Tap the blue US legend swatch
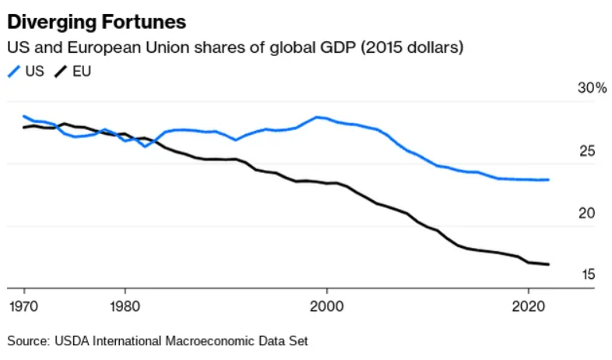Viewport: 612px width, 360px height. click(13, 72)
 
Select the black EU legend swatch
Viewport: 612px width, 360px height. click(61, 72)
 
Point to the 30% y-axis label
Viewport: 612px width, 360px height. click(592, 89)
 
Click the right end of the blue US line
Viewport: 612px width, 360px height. click(549, 180)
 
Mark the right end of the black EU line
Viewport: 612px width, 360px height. click(549, 264)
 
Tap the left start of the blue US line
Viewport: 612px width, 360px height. click(23, 115)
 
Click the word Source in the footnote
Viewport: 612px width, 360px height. click(27, 341)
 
